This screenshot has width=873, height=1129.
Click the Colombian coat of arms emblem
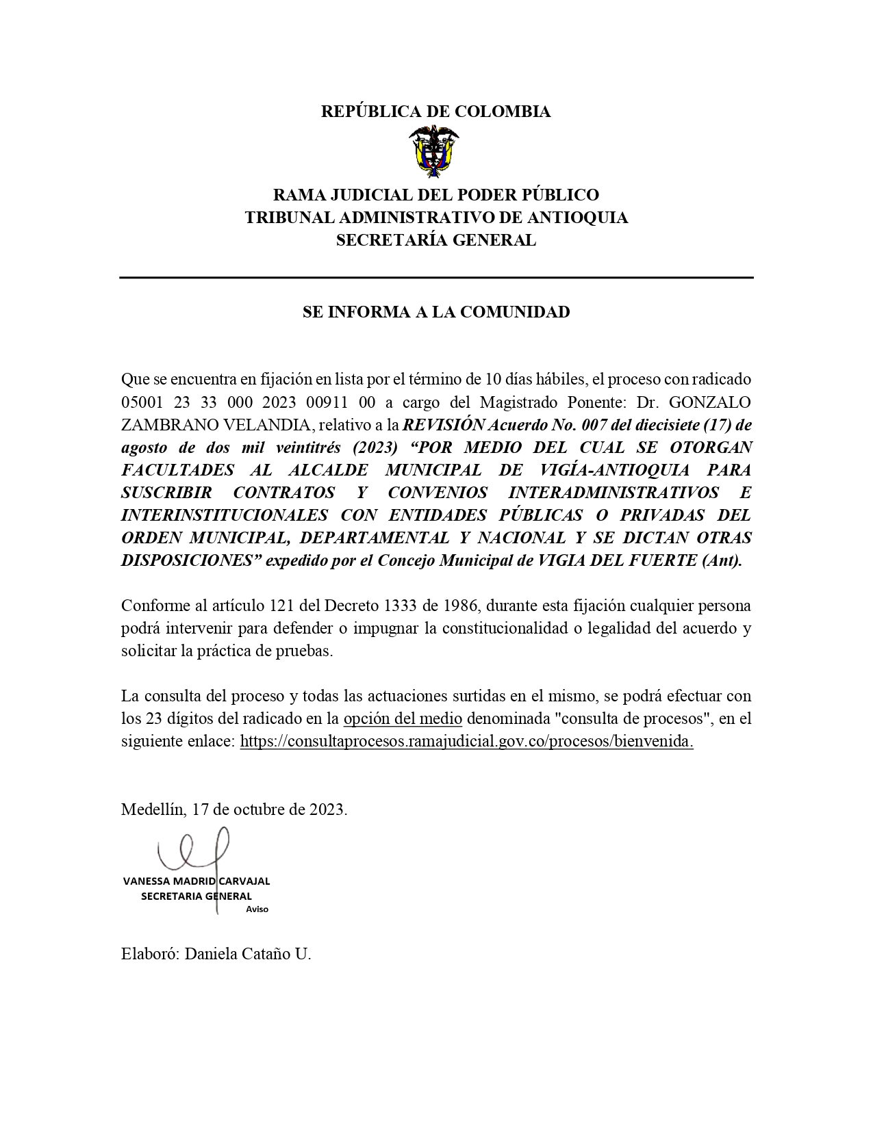pos(435,152)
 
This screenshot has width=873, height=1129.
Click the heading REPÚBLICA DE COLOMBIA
pos(435,112)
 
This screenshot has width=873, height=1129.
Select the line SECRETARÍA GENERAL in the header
pos(435,240)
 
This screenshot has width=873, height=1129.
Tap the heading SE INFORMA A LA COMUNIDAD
pos(436,312)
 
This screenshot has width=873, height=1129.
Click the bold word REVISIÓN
pos(444,425)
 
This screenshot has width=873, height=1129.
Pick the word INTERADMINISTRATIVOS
pos(613,493)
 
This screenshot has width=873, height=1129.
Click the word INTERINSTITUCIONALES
pos(225,515)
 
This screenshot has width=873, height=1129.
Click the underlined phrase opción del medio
pos(403,719)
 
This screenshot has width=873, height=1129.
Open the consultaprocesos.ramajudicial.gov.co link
pos(466,742)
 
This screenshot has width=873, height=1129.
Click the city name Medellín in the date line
pos(152,809)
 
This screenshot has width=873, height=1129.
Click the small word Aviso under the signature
pos(257,909)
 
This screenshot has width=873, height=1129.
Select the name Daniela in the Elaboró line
pos(211,954)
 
